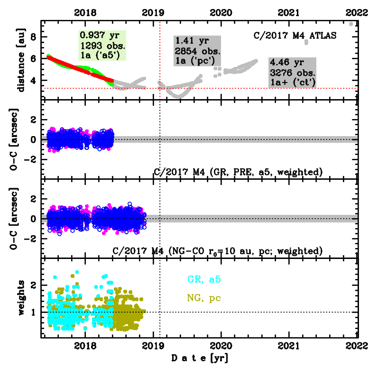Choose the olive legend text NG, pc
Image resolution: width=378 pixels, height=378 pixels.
pos(204,298)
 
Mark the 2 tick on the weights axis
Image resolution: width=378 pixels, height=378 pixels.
pos(33,285)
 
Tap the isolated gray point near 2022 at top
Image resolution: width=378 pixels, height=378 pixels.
pos(351,24)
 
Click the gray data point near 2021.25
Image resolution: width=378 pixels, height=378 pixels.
pos(306,42)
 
